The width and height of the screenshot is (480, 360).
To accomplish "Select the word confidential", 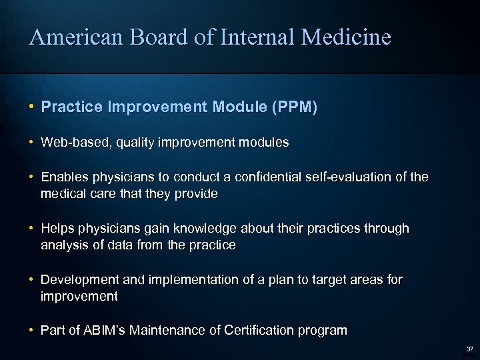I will point(276,177).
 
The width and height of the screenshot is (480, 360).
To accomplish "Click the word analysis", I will point(63,245).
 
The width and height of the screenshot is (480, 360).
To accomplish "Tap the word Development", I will point(77,280).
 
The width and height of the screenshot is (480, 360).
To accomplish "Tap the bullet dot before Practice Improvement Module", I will point(31,107).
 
